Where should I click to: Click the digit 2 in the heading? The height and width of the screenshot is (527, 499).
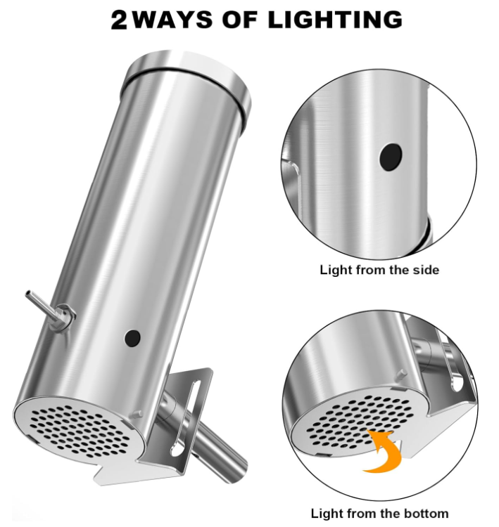pyautogui.click(x=119, y=20)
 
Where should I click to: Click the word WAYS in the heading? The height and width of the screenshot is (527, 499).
pyautogui.click(x=172, y=19)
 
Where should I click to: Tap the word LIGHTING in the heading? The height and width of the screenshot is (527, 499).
pyautogui.click(x=335, y=19)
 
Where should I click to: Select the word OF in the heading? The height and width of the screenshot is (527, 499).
pyautogui.click(x=241, y=19)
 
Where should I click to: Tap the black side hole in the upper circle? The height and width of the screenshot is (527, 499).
pyautogui.click(x=391, y=157)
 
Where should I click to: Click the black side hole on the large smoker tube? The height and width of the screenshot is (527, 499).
pyautogui.click(x=132, y=338)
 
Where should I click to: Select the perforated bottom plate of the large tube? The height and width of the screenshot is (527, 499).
pyautogui.click(x=80, y=429)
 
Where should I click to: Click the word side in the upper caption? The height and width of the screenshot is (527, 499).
pyautogui.click(x=427, y=270)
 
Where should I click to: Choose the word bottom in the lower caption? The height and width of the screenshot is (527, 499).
pyautogui.click(x=427, y=513)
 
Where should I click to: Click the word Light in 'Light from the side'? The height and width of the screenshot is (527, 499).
pyautogui.click(x=334, y=271)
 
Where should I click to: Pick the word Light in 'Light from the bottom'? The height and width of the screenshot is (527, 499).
pyautogui.click(x=324, y=514)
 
